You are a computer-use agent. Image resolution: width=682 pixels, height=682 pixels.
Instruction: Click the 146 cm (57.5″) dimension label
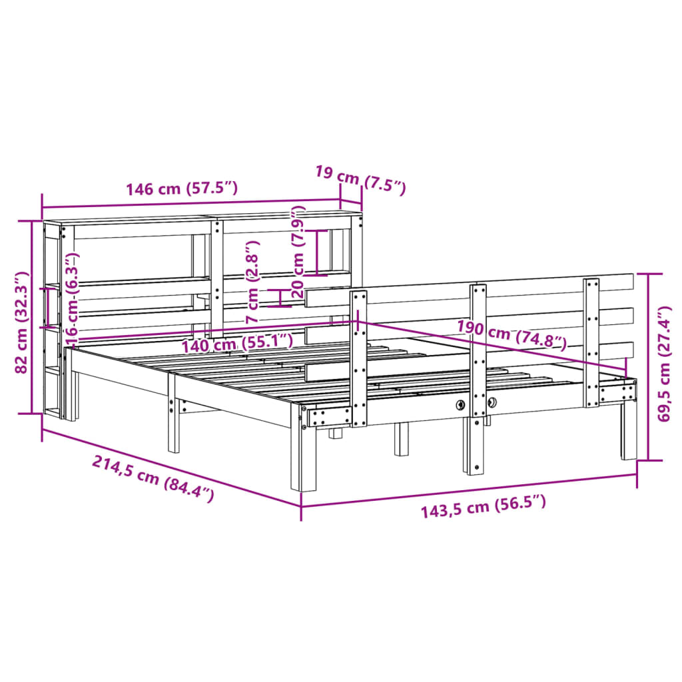tap(182, 188)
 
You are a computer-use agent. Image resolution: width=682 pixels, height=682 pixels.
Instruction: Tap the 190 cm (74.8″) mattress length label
tap(511, 334)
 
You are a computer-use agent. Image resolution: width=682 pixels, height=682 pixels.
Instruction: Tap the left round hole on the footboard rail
tap(460, 404)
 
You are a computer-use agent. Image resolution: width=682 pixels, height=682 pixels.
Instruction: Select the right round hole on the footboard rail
tap(492, 402)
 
